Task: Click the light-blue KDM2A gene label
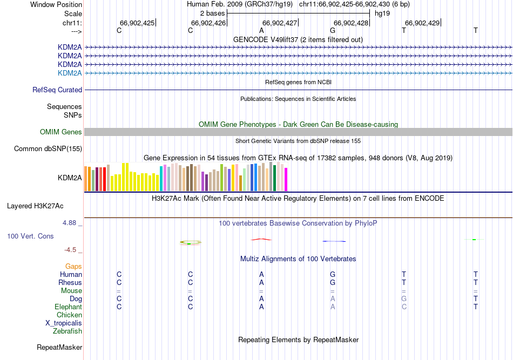(70, 73)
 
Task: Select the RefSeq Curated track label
(57, 90)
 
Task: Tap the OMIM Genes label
(61, 132)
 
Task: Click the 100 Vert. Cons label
(30, 236)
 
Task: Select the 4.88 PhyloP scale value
(71, 222)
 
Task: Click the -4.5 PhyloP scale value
(73, 249)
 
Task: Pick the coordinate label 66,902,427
(280, 23)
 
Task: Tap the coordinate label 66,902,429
(422, 23)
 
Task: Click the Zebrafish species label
(67, 331)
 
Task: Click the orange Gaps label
(73, 266)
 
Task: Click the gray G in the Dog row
(404, 298)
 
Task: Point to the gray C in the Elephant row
(404, 307)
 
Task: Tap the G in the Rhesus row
(333, 282)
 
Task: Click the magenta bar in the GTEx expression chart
(286, 179)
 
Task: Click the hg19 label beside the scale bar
(382, 13)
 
